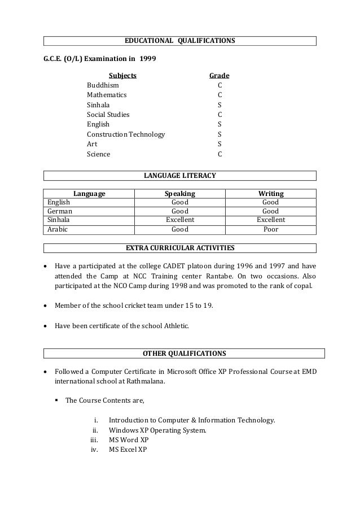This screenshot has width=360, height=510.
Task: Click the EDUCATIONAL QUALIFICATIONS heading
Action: (179, 41)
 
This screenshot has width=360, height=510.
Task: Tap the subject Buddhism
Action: (103, 85)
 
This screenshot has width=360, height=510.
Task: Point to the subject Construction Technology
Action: (125, 134)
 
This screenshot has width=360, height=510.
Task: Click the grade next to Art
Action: (219, 144)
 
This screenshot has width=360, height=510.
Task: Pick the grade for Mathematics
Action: (219, 95)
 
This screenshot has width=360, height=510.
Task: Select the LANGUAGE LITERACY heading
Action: (179, 176)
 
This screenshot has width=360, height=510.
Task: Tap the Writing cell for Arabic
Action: (270, 229)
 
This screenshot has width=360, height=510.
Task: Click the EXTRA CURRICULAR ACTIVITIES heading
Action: (179, 248)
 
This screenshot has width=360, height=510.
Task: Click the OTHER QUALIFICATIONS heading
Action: (184, 354)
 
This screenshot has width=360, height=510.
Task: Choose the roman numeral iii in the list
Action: (94, 440)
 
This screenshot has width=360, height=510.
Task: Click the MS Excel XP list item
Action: (128, 450)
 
